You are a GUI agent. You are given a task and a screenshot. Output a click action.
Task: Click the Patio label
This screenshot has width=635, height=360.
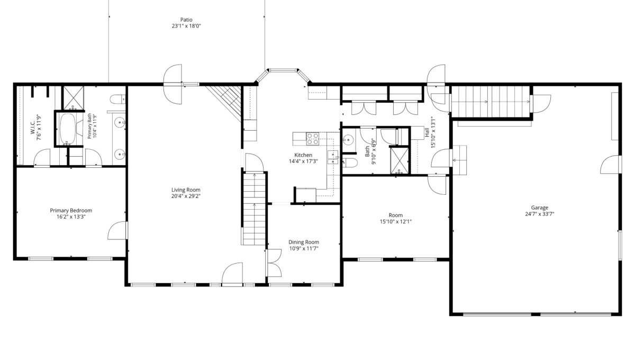(x=186, y=20)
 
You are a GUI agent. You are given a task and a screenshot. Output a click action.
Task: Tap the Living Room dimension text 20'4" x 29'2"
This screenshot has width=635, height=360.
(x=186, y=196)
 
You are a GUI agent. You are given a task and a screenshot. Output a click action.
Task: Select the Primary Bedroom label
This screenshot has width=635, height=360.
(x=71, y=211)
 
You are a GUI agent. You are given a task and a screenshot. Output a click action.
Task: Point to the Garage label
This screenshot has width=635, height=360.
(x=539, y=208)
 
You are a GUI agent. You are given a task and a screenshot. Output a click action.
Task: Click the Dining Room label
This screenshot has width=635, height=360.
(x=304, y=242)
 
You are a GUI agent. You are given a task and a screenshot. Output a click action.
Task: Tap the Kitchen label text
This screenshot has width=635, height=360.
(x=303, y=155)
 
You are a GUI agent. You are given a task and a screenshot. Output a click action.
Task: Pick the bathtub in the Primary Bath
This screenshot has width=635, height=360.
(x=68, y=129)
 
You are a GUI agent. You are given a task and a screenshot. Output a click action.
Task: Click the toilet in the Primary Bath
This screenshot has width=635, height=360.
(x=117, y=100)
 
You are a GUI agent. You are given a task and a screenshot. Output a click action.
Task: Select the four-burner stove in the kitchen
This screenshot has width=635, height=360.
(x=312, y=139)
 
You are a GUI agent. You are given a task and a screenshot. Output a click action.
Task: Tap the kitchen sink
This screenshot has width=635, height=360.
(x=333, y=157)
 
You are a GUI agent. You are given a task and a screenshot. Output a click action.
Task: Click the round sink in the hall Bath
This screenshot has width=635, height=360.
(x=348, y=140)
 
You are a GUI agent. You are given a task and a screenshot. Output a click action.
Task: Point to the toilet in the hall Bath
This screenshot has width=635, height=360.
(x=350, y=163)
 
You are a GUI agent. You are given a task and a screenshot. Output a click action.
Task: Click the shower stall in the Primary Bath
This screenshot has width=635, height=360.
(x=74, y=98)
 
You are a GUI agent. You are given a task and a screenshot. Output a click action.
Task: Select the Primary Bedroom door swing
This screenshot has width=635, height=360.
(x=117, y=230)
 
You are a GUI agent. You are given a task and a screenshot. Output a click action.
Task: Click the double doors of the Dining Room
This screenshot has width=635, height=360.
(x=274, y=263)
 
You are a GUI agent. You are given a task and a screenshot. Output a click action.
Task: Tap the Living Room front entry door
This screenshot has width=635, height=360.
(x=232, y=274)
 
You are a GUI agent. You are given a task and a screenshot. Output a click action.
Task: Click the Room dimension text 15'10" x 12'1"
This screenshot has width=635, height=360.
(x=396, y=222)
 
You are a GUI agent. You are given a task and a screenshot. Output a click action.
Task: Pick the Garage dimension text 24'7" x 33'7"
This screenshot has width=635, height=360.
(x=539, y=214)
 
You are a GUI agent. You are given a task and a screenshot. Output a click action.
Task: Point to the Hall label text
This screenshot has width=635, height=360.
(x=427, y=132)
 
